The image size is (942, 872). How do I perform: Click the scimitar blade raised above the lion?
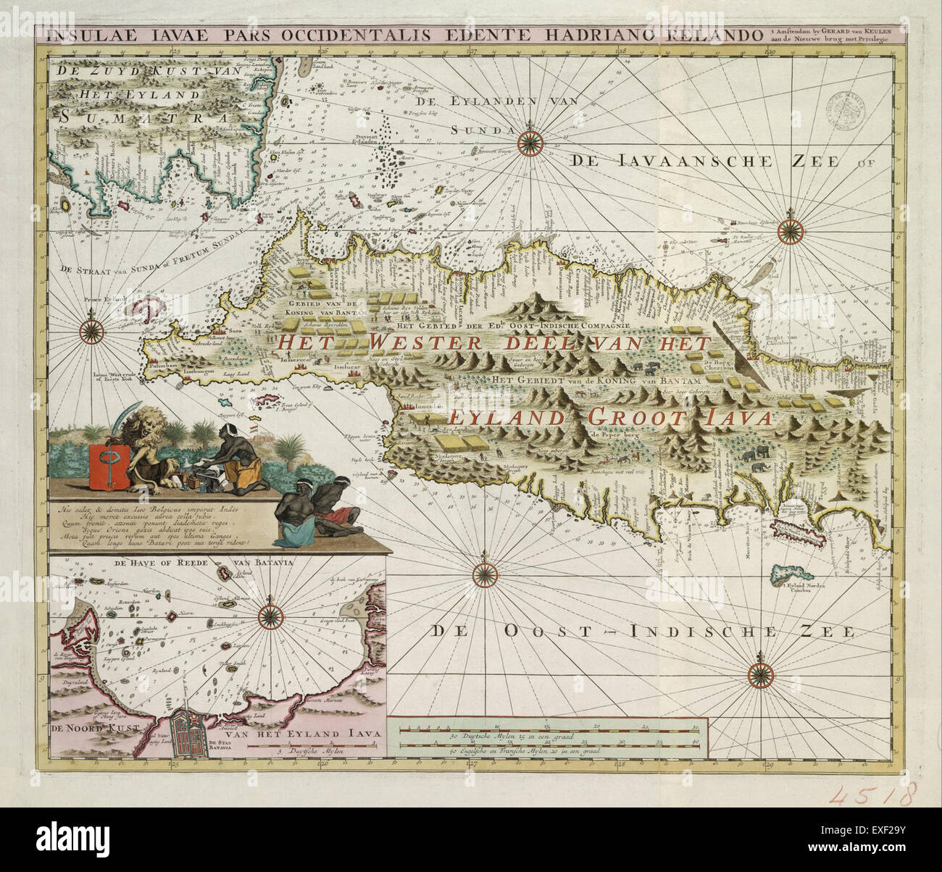124,415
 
